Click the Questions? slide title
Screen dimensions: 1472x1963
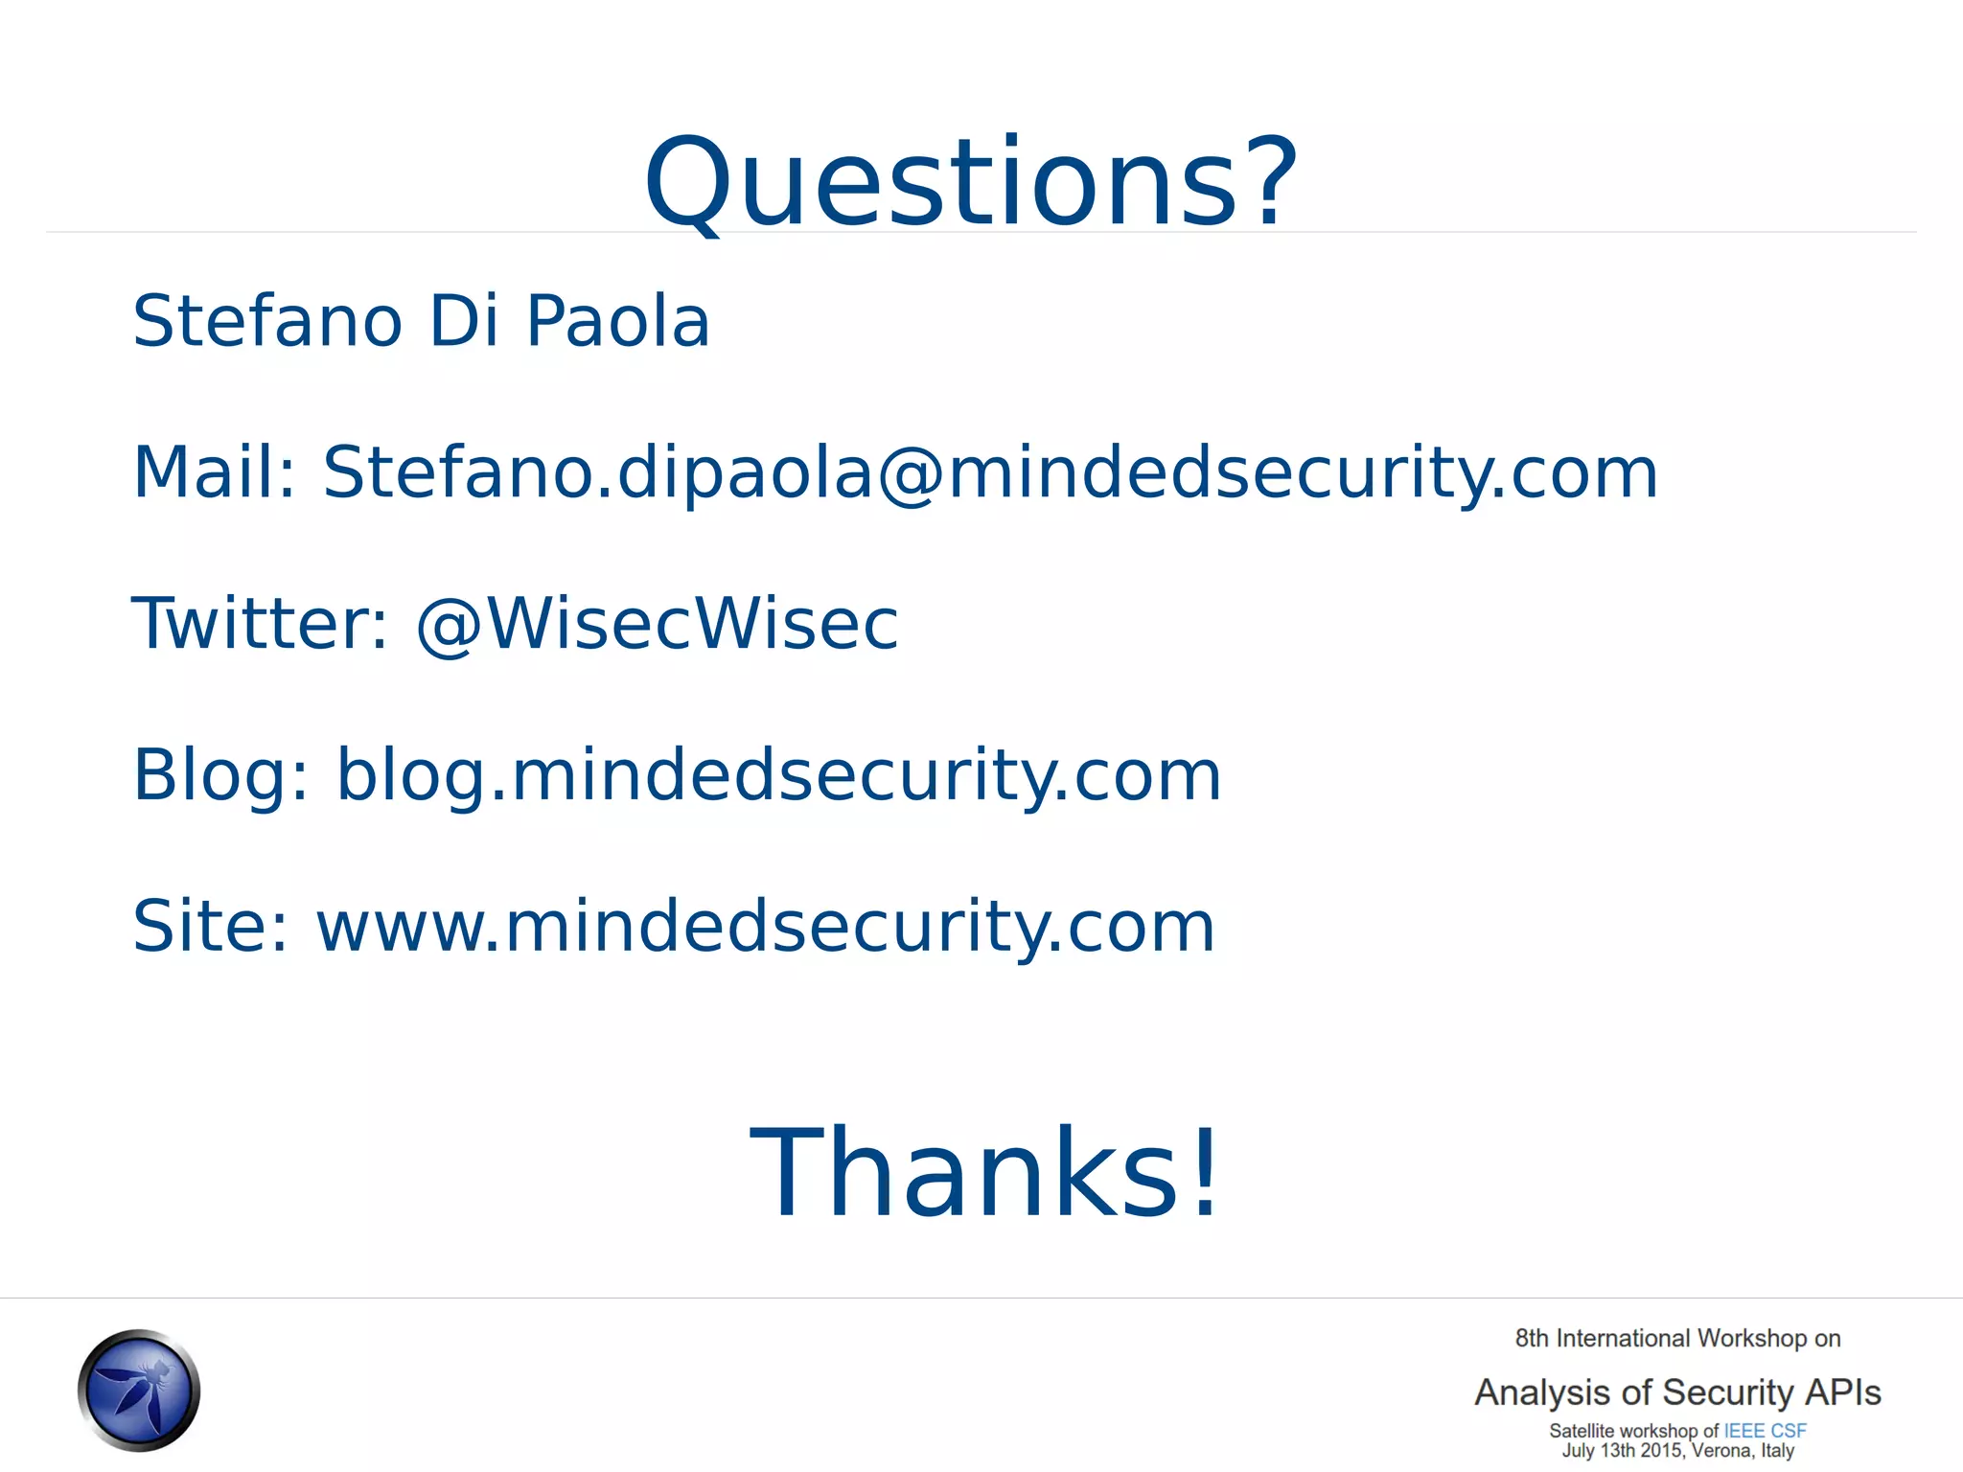coord(970,182)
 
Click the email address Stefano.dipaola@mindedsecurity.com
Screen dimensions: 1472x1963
coord(990,472)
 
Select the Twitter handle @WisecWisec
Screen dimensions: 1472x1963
coord(658,624)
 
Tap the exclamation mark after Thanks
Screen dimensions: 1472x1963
coord(1204,1173)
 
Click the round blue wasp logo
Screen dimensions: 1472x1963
coord(139,1390)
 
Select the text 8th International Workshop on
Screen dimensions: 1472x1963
coord(1677,1338)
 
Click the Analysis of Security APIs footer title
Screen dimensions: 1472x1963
coord(1677,1391)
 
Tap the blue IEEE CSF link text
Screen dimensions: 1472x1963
coord(1765,1431)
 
